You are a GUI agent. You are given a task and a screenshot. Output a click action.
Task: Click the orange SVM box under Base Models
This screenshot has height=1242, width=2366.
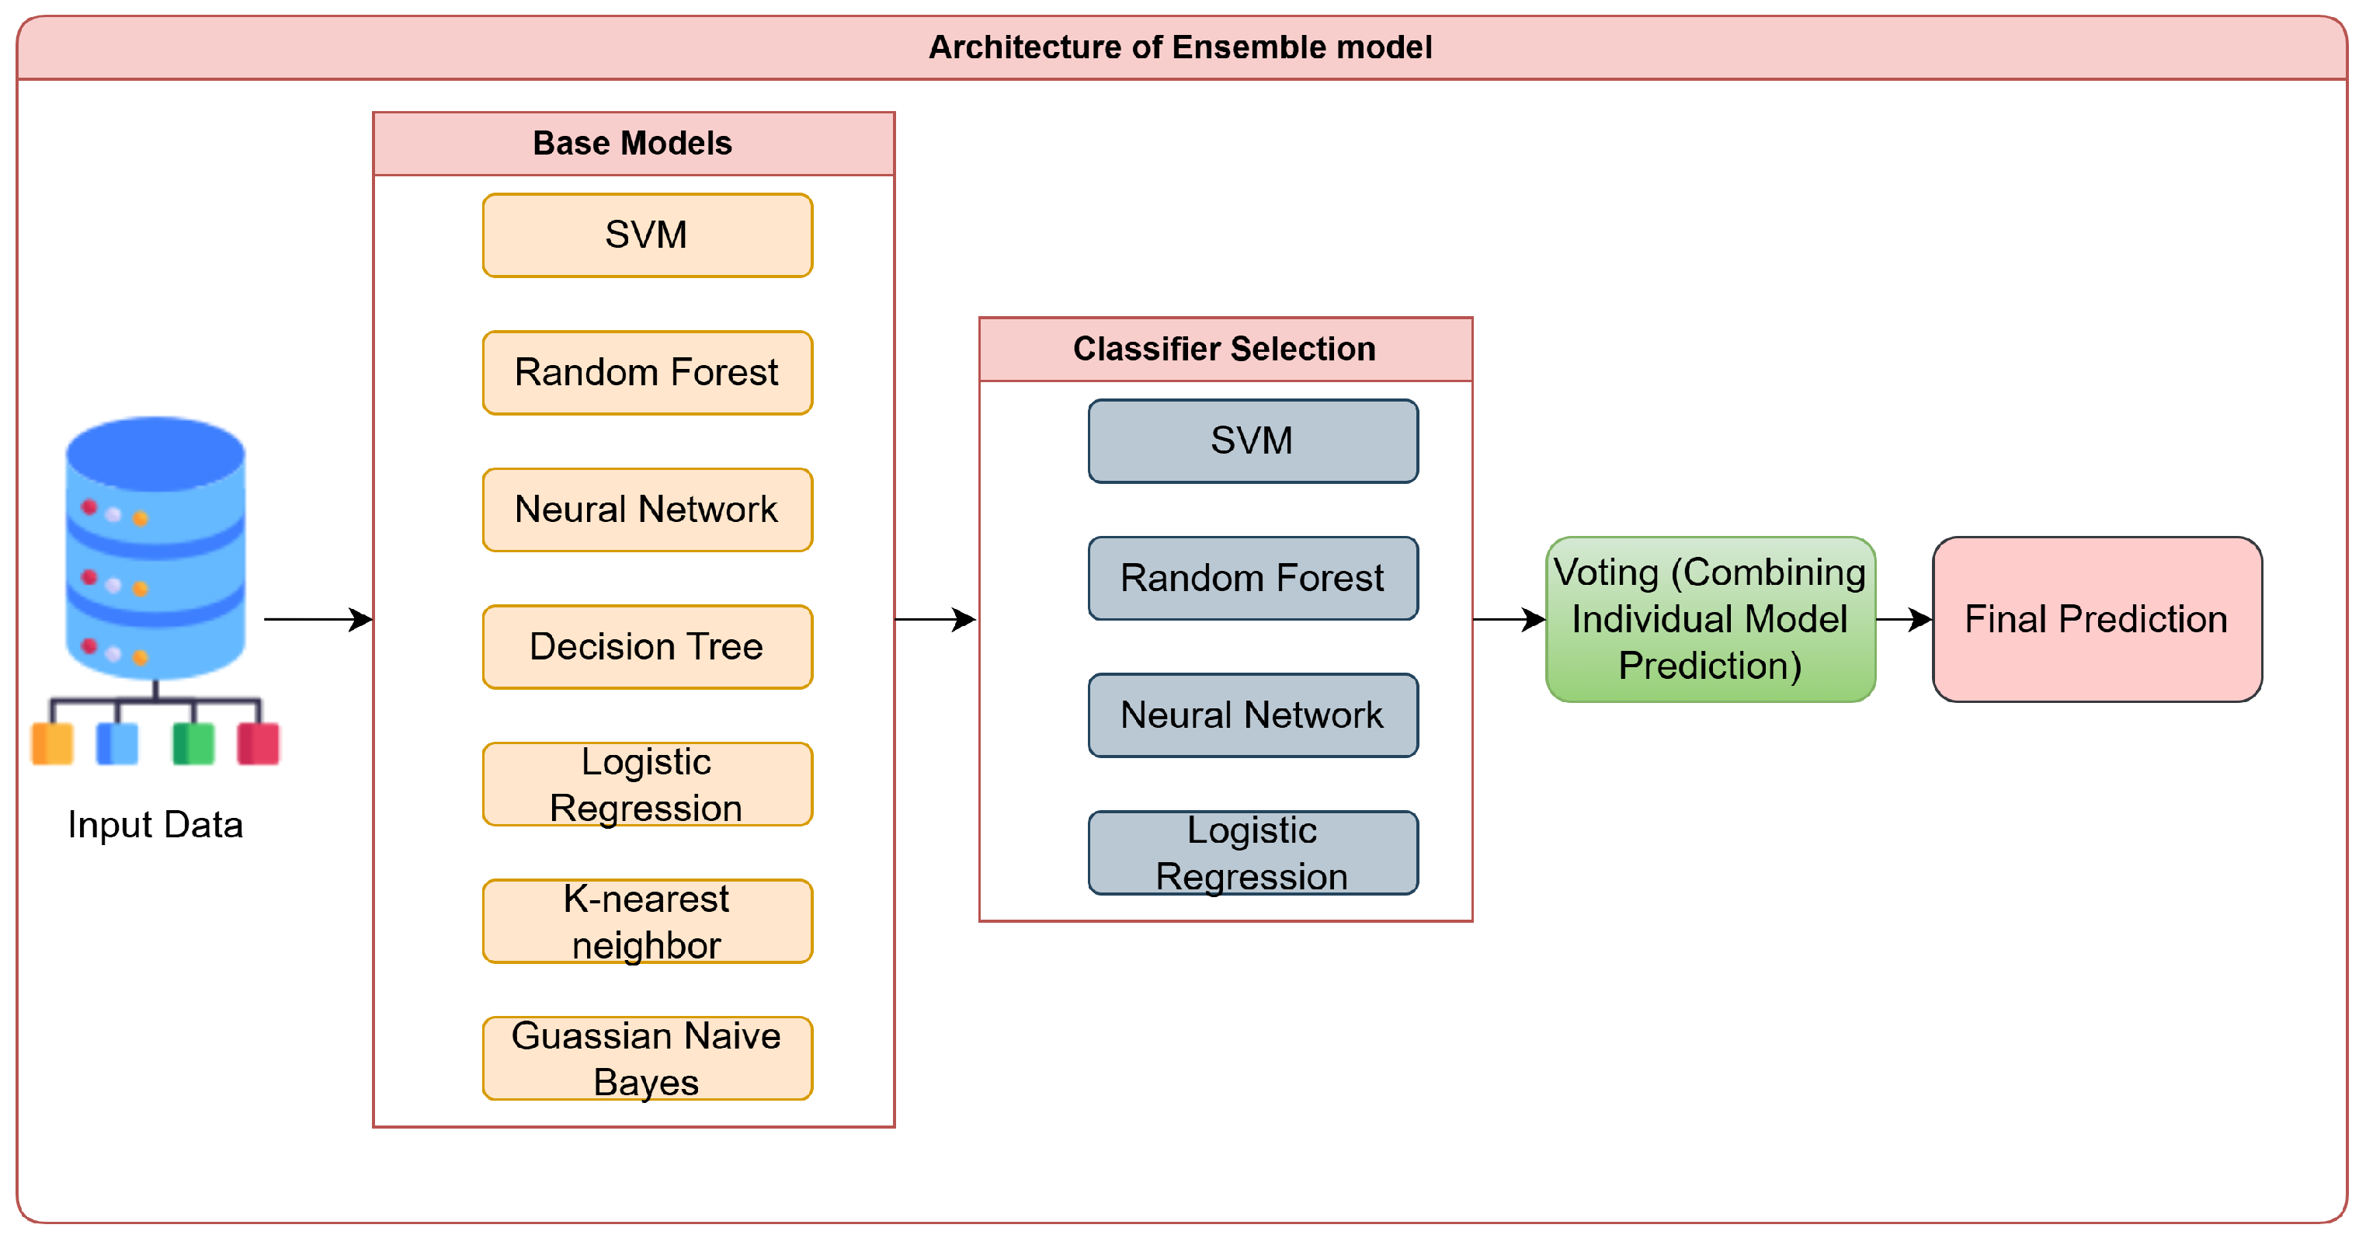pos(647,235)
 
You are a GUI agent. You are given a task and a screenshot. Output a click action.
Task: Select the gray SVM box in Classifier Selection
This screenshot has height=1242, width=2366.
pos(1252,441)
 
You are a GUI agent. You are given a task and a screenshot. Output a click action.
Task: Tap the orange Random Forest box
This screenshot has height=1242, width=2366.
pos(647,372)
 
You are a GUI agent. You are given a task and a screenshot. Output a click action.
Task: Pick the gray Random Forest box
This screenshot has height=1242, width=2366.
pos(1252,578)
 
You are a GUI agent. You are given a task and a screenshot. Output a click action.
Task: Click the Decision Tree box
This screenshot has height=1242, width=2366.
pos(647,647)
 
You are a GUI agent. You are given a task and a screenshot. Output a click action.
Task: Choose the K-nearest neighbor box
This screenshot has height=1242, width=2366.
pos(647,921)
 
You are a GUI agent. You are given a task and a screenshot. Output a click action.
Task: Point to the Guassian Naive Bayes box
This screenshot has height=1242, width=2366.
pos(647,1058)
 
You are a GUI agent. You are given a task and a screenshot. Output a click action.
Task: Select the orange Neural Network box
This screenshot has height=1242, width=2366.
pos(647,510)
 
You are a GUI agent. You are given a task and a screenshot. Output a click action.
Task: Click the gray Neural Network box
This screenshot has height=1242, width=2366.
pos(1252,715)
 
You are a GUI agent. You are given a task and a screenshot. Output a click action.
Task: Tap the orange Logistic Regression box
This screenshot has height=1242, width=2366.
pos(647,784)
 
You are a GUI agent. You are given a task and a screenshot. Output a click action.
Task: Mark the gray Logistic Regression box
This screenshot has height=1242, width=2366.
pos(1252,853)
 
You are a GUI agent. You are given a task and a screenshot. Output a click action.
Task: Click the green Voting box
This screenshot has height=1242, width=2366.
pos(1709,619)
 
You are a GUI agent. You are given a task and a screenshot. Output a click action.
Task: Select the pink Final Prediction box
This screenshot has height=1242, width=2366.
pos(2096,619)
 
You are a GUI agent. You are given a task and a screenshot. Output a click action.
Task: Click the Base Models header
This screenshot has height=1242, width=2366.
pos(633,143)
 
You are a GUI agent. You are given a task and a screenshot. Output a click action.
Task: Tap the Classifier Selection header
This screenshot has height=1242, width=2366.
pos(1225,349)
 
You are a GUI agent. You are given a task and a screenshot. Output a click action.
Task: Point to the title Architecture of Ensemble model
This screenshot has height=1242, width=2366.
pos(1180,47)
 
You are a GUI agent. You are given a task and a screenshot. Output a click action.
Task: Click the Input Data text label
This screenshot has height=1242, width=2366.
pos(155,824)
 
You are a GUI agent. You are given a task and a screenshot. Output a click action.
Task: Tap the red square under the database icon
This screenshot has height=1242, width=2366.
pos(258,743)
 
